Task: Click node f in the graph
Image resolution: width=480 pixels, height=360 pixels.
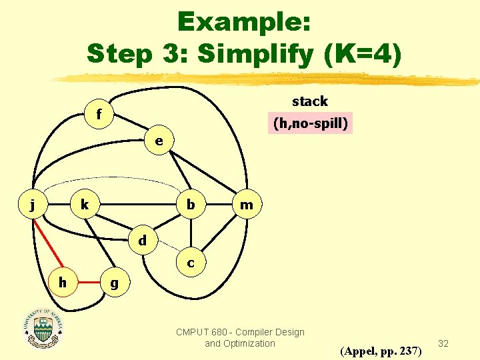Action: coord(99,115)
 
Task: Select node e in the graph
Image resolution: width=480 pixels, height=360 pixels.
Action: coord(159,141)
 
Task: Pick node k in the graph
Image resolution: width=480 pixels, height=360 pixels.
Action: coord(85,205)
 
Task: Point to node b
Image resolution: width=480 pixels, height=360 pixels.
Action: coord(191,205)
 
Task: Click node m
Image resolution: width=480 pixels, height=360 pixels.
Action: coord(247,205)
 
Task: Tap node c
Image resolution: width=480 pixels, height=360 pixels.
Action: coord(191,263)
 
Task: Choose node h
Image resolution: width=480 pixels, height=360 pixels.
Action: coord(63,283)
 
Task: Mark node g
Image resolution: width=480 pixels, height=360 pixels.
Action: coord(115,283)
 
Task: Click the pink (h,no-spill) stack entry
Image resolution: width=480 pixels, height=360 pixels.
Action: coord(310,124)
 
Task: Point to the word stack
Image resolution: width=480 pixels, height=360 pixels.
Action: coord(310,101)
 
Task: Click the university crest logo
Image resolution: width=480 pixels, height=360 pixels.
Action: coord(44,329)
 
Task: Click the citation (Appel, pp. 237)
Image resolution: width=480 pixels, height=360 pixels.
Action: coord(381,350)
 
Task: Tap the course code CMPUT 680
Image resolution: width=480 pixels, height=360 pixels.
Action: coord(200,332)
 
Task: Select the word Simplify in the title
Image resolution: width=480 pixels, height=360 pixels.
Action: coord(254,54)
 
